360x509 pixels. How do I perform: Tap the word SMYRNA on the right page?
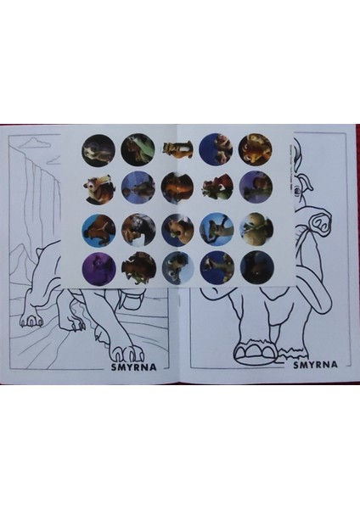tap(316, 366)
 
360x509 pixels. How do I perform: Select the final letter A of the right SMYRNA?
tap(335, 366)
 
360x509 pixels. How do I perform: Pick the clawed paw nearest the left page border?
tap(32, 320)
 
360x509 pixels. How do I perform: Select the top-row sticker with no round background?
tap(177, 149)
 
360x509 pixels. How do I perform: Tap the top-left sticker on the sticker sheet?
tap(97, 149)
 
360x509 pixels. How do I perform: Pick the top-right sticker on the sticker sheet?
tap(255, 148)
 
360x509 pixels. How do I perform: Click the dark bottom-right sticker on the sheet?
tap(255, 266)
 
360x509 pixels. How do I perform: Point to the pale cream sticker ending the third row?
tap(255, 227)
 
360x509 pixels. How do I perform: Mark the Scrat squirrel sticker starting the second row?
tap(97, 188)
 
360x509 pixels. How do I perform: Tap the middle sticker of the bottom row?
tap(177, 266)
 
